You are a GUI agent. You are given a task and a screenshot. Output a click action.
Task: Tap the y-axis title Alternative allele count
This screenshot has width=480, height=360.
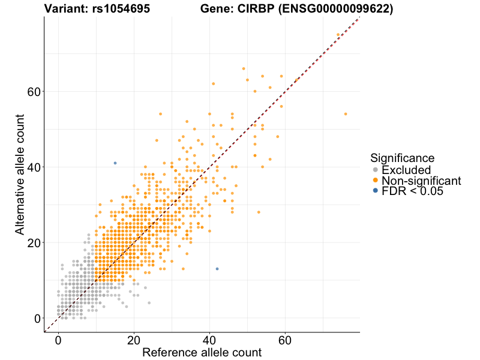[20, 174]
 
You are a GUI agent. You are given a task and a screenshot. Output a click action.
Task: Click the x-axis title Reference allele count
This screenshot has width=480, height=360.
[202, 352]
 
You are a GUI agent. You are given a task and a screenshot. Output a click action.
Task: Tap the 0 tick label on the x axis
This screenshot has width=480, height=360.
[58, 340]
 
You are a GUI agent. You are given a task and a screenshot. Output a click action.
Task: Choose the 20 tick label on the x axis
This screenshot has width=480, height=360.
[134, 340]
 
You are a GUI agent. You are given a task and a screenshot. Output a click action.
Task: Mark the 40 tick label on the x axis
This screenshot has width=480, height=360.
[209, 340]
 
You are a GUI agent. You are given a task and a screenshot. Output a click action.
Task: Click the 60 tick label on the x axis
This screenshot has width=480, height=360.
[285, 340]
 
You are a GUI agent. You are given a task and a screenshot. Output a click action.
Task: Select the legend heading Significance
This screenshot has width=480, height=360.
[402, 158]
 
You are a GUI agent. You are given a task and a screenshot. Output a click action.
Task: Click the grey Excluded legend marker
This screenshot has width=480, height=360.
[376, 170]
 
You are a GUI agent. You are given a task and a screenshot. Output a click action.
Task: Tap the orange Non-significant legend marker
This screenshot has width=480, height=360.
[376, 180]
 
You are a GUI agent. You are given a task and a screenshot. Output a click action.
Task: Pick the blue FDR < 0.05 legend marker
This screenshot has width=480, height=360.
[376, 190]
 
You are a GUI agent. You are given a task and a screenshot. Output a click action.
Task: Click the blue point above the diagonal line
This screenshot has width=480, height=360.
[115, 163]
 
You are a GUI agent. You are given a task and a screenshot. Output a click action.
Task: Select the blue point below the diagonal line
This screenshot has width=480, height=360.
[217, 269]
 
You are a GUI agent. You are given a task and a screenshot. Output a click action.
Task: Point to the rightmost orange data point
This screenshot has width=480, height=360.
[346, 113]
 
